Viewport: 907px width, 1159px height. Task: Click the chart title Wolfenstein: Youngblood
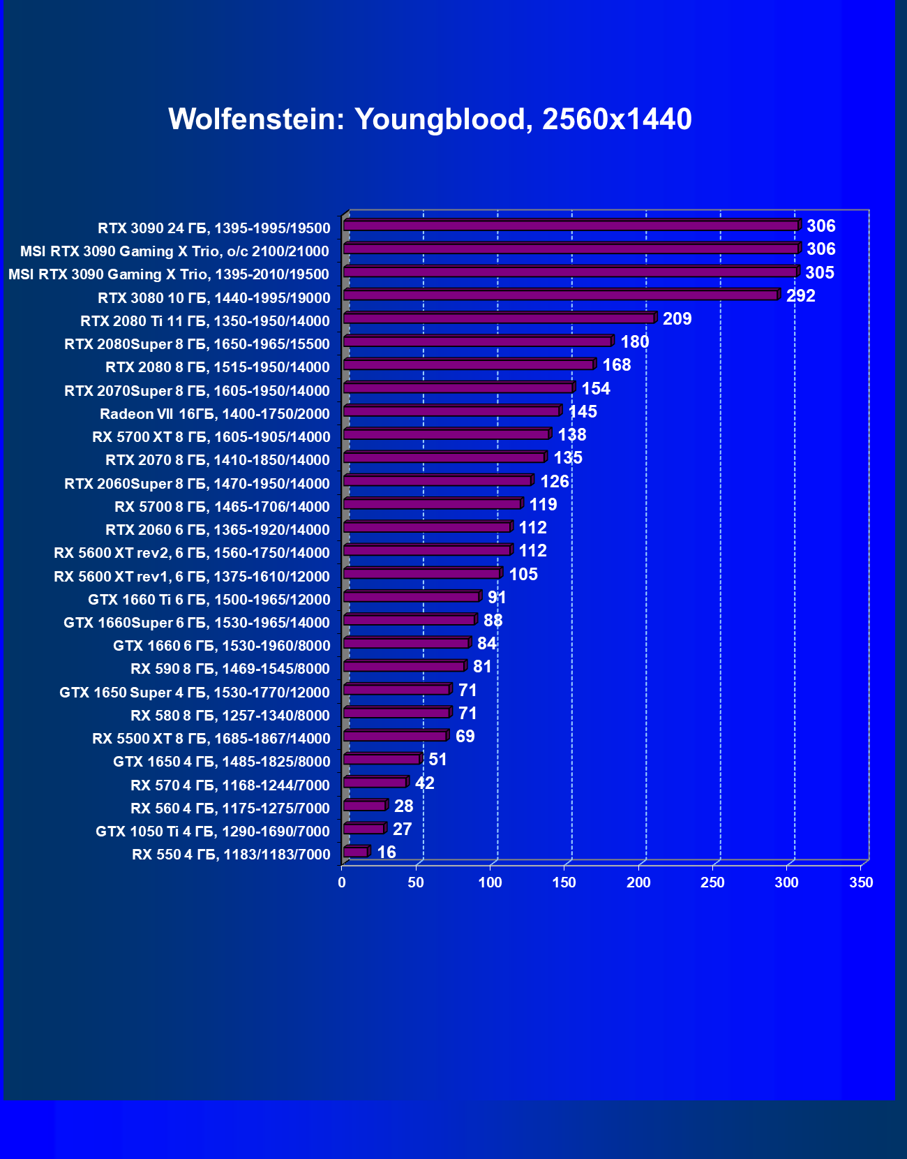(x=430, y=119)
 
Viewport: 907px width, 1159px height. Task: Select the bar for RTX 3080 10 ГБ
(x=560, y=295)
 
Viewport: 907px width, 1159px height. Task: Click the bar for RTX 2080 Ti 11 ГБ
(x=499, y=318)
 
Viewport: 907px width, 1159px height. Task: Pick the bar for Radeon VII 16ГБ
(x=451, y=411)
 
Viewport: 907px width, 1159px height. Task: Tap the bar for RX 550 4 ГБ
(x=355, y=852)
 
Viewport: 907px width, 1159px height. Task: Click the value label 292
(x=800, y=296)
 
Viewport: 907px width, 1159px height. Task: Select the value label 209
(x=677, y=319)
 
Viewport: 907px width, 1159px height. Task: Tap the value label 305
(x=819, y=273)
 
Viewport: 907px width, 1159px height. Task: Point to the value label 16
(x=386, y=852)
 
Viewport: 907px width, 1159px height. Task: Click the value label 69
(x=465, y=737)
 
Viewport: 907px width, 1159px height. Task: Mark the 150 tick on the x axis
(x=564, y=883)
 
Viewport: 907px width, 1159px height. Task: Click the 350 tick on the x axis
(x=861, y=883)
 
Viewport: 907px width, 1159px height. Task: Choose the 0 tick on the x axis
(x=342, y=883)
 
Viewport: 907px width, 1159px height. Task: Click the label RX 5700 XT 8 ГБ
(x=211, y=437)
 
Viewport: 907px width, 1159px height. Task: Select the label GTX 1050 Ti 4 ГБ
(x=212, y=832)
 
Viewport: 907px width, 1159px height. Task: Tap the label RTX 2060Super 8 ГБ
(x=197, y=484)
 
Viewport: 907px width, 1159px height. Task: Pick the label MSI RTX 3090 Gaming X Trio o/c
(x=174, y=251)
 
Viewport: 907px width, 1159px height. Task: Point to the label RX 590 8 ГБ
(x=230, y=669)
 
